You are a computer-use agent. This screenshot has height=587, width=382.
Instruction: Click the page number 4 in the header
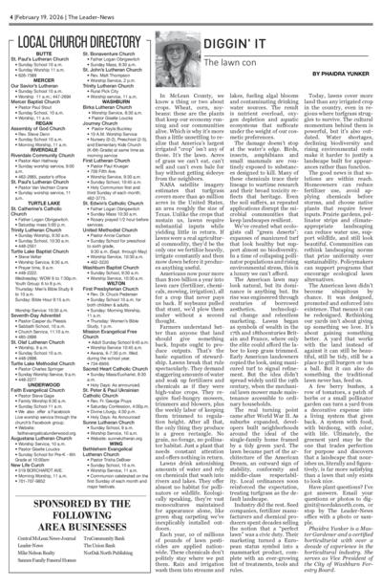tap(4, 6)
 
